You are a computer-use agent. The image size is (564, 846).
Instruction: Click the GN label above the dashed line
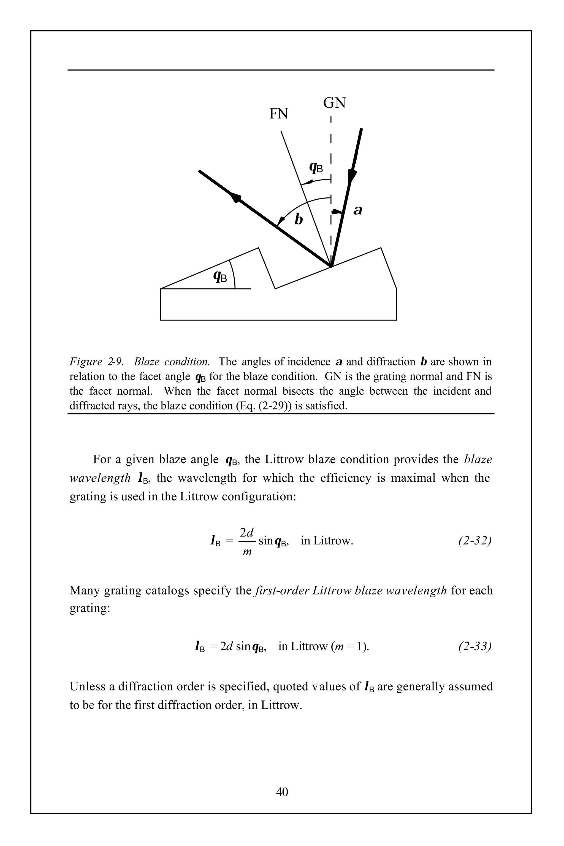click(x=334, y=103)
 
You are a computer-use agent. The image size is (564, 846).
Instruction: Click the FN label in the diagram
click(x=278, y=114)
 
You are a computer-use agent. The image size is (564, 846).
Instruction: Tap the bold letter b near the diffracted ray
click(x=299, y=219)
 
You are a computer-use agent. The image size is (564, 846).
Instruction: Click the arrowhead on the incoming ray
click(x=352, y=177)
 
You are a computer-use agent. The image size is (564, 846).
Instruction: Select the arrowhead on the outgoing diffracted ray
click(x=235, y=197)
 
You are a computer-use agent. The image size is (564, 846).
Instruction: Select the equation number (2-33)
click(x=475, y=646)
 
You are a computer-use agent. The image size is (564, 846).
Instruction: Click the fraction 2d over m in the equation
click(x=247, y=541)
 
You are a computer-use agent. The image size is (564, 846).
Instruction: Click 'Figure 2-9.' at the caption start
click(x=96, y=362)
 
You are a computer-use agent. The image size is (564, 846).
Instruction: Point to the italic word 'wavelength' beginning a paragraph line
click(x=100, y=478)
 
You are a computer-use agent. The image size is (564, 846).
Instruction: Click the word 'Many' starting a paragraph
click(x=85, y=590)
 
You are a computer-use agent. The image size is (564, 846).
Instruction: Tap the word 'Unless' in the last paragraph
click(x=88, y=686)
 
